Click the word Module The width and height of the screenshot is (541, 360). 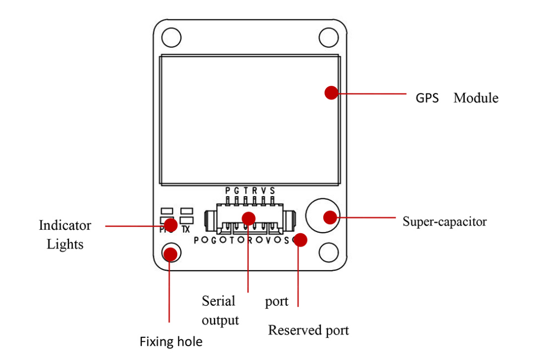click(475, 98)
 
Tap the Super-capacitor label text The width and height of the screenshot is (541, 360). click(444, 221)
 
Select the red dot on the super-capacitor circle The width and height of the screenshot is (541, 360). click(330, 216)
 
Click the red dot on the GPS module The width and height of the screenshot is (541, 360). click(331, 92)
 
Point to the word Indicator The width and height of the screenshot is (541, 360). click(65, 226)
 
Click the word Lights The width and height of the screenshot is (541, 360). click(65, 244)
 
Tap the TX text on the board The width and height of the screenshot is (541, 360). click(186, 229)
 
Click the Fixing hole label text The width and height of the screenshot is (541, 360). click(171, 341)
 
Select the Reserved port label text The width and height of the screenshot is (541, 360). click(308, 330)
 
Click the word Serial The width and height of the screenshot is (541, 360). click(218, 301)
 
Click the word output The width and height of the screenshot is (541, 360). click(220, 320)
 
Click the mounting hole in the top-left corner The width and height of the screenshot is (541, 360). click(171, 37)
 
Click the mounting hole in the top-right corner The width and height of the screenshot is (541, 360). click(328, 37)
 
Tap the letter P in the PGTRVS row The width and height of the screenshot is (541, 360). click(228, 190)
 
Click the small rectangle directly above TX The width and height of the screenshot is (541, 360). click(186, 211)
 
